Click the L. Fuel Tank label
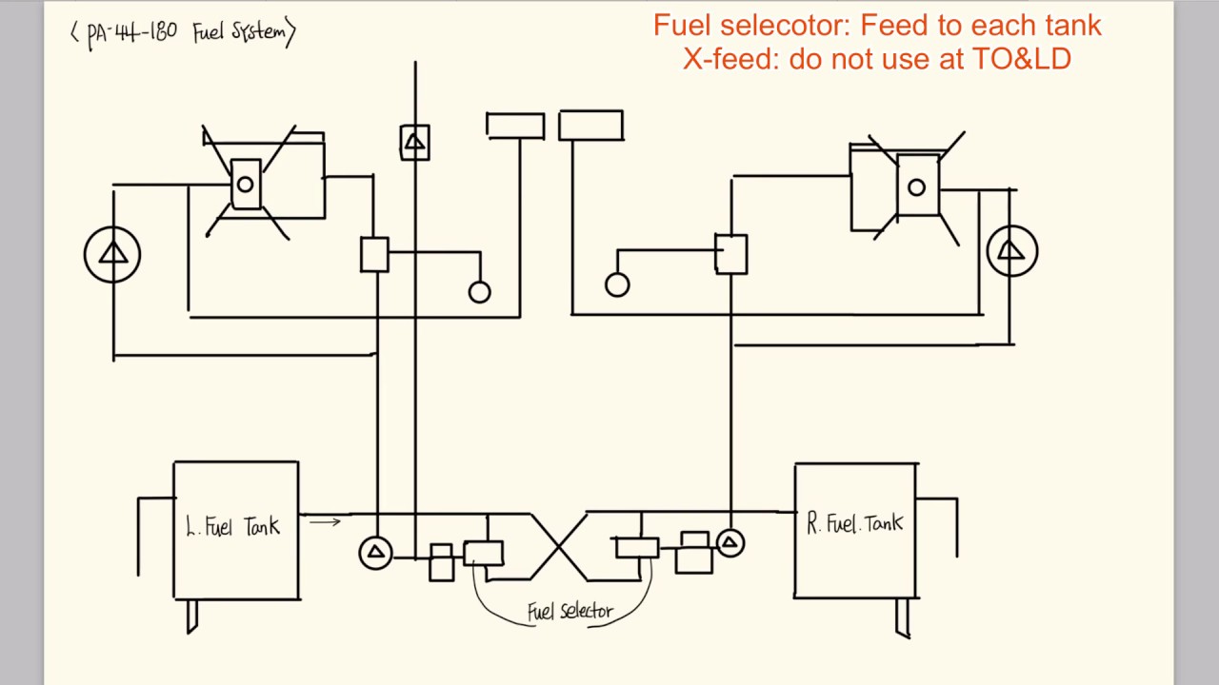tap(233, 526)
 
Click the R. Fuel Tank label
tap(854, 523)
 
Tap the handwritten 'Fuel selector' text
tap(570, 612)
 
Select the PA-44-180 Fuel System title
tap(184, 33)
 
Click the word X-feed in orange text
tap(729, 59)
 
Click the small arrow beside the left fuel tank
tap(324, 521)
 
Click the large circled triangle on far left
tap(112, 254)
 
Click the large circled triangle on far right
tap(1011, 251)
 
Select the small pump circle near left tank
tap(375, 553)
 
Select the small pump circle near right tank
tap(729, 543)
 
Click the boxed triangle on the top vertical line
tap(414, 143)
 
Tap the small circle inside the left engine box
tap(245, 185)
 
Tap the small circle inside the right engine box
tap(916, 187)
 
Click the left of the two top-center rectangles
tap(515, 126)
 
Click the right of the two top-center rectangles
tap(590, 126)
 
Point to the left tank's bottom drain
tap(192, 616)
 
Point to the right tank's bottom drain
tap(902, 617)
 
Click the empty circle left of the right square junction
tap(617, 284)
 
